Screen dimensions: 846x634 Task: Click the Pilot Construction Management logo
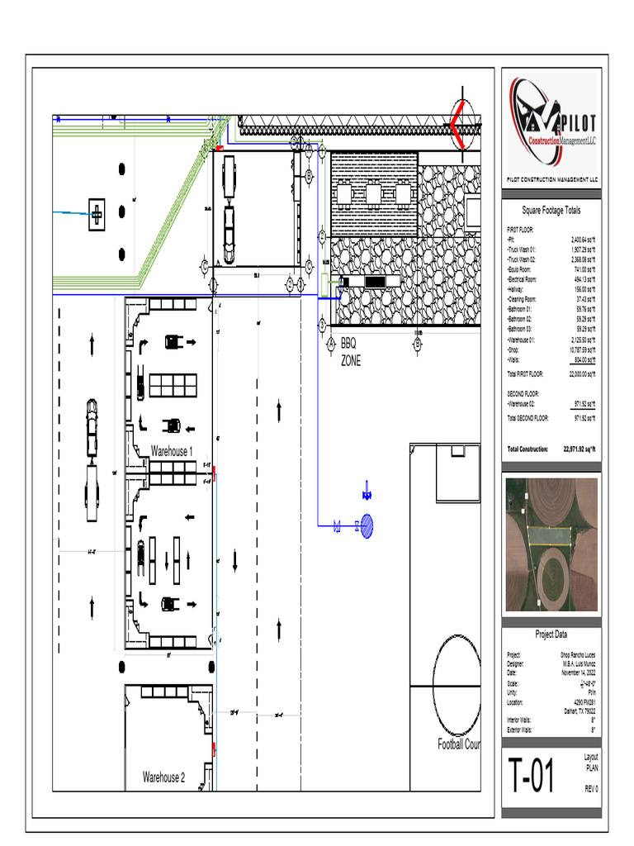pos(551,122)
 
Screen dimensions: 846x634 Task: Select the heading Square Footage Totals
pos(551,211)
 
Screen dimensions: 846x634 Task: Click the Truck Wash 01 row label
pos(522,249)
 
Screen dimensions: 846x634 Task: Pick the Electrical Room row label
pos(526,279)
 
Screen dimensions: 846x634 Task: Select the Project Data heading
pos(551,634)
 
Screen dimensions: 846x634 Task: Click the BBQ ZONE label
pos(350,351)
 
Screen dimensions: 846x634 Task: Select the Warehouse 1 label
pos(171,452)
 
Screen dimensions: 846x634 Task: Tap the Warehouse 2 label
pos(163,777)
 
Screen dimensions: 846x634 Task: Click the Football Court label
pos(458,744)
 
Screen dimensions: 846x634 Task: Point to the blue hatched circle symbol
pos(367,525)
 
